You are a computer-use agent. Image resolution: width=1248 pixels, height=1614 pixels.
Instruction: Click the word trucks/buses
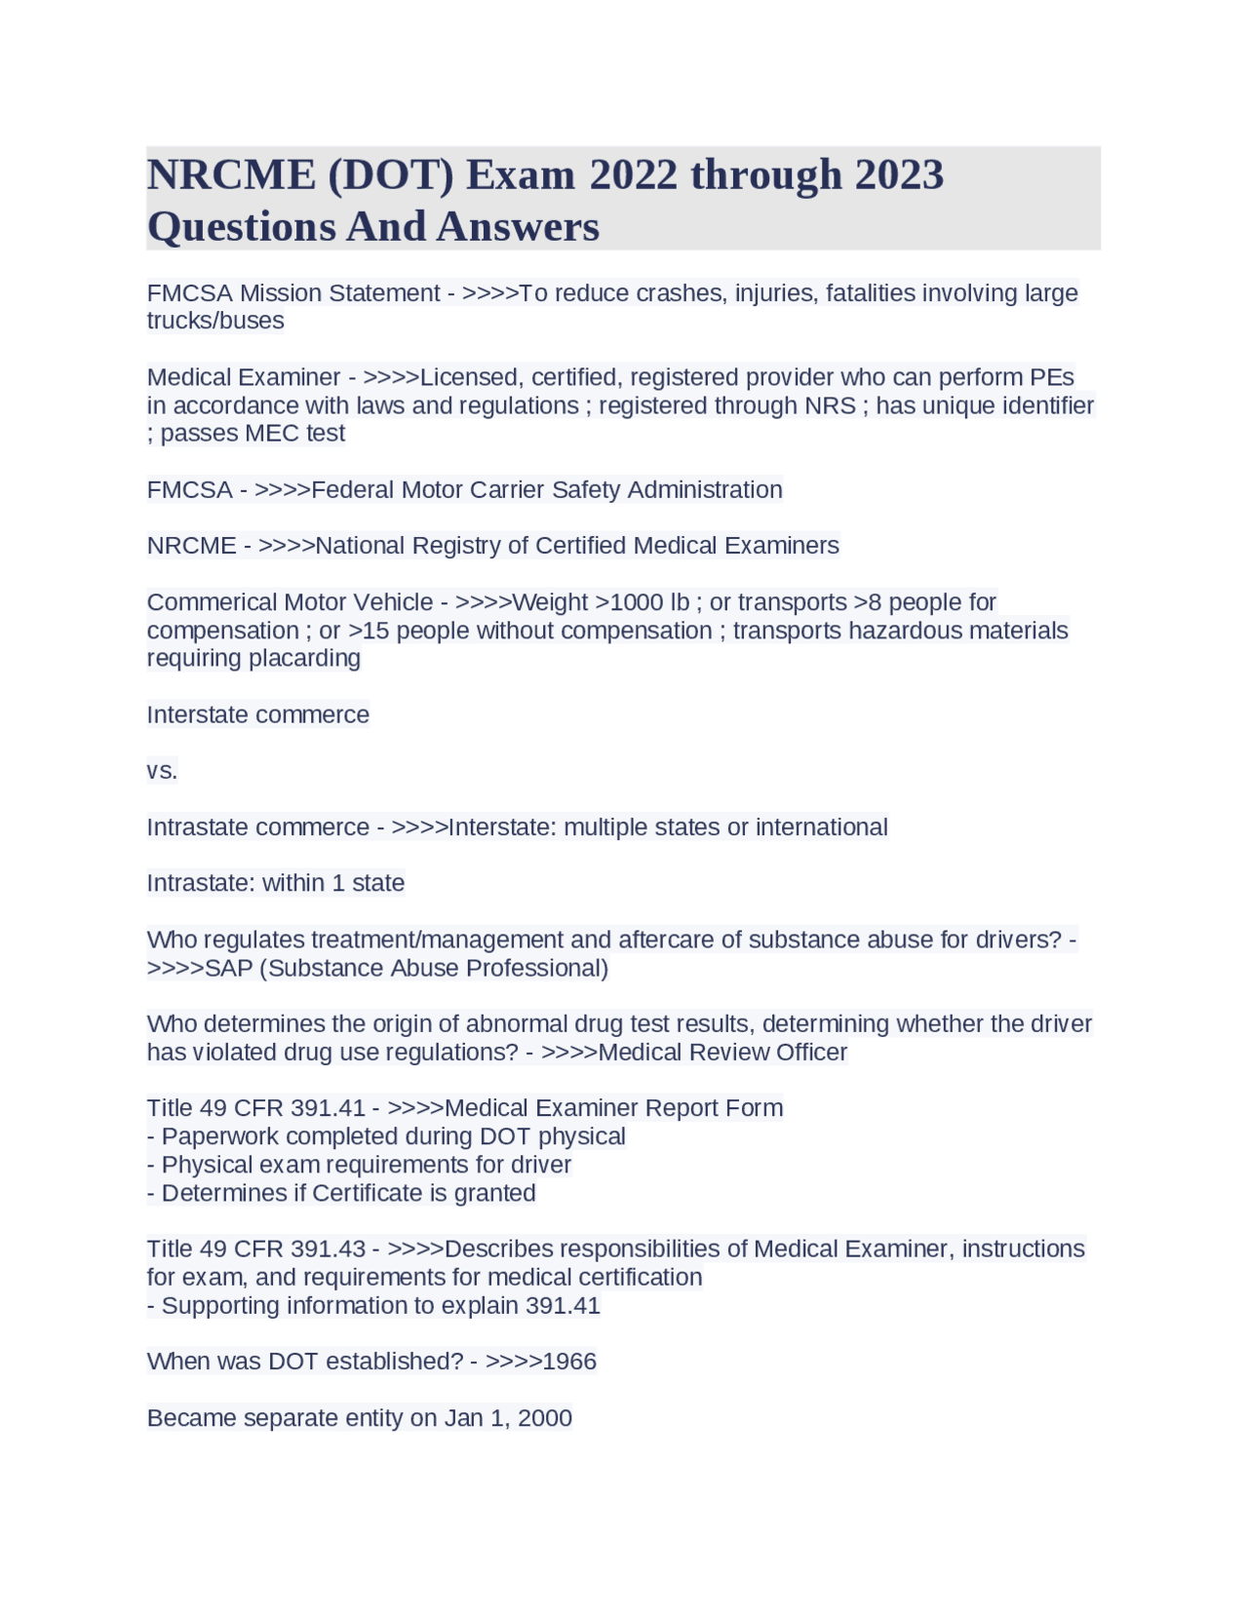click(215, 321)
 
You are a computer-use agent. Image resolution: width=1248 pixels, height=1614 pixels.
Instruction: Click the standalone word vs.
click(162, 771)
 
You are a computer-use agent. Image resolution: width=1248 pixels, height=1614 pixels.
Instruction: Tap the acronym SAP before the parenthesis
click(229, 968)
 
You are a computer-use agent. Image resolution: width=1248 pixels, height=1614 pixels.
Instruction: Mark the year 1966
click(568, 1362)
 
